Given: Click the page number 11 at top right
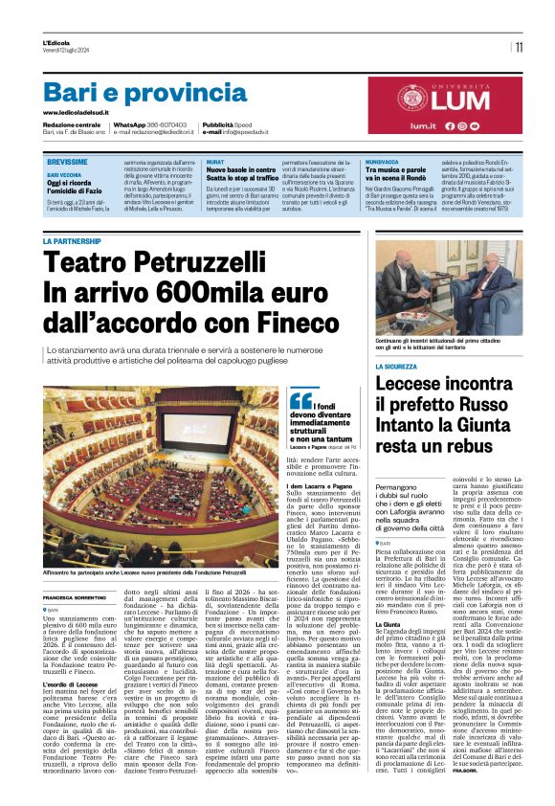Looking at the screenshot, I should [519, 46].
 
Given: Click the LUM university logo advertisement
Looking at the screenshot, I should [439, 105].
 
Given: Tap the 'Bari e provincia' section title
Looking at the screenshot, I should [132, 92].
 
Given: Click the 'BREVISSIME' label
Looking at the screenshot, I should [67, 162].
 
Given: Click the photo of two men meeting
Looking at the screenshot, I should [462, 287].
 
